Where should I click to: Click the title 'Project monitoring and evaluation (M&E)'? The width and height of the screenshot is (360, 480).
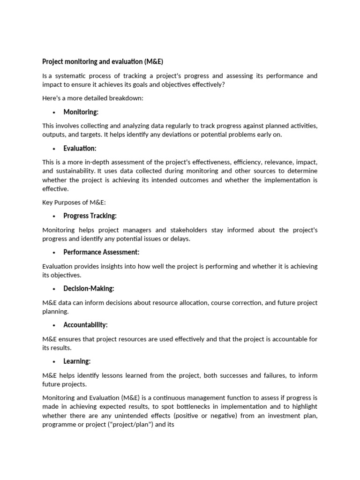[x=103, y=61]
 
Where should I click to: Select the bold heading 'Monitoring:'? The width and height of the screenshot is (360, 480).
[x=81, y=112]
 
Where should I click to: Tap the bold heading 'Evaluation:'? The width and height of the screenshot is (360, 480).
[x=80, y=148]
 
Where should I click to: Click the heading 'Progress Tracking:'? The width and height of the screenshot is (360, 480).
[x=90, y=216]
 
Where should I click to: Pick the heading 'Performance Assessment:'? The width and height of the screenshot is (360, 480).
[x=101, y=252]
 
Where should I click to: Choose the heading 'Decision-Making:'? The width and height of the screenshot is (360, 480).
[x=89, y=288]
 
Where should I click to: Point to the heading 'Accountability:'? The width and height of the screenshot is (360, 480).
[x=85, y=325]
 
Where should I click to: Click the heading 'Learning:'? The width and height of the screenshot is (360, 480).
[x=77, y=361]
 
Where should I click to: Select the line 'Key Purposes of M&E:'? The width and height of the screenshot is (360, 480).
[x=74, y=202]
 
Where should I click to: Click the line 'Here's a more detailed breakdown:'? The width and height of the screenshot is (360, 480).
[x=93, y=98]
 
